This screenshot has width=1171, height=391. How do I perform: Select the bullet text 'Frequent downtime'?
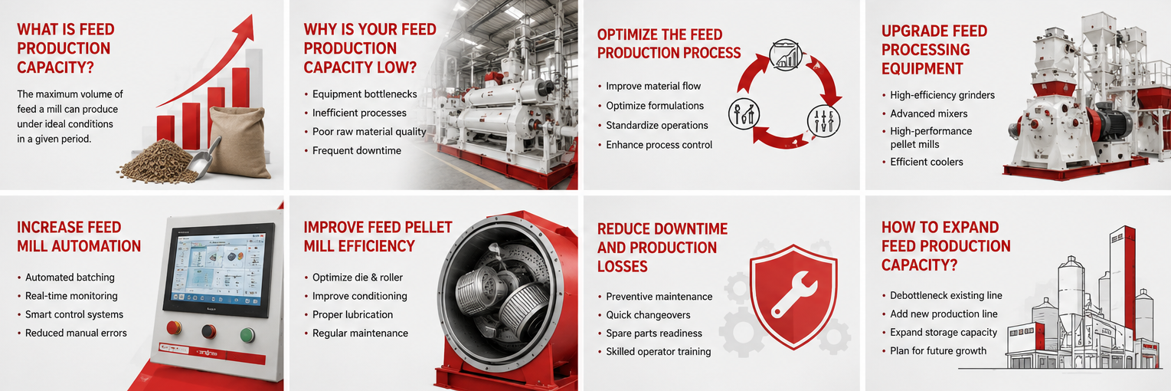click(x=357, y=151)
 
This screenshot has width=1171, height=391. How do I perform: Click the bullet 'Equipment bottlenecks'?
click(x=365, y=94)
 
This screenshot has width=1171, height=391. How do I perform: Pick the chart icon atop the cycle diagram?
click(x=785, y=55)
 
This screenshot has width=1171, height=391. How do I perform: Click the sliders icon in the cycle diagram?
click(x=823, y=120)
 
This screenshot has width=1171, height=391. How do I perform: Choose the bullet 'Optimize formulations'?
click(x=655, y=106)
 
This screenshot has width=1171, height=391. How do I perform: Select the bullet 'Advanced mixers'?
click(x=928, y=113)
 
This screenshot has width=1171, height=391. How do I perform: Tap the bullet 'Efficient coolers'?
click(x=927, y=162)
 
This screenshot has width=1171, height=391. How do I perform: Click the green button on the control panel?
click(x=247, y=334)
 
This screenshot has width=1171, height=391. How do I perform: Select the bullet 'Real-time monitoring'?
click(x=71, y=296)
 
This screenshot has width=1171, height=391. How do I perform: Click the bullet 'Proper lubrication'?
click(x=352, y=314)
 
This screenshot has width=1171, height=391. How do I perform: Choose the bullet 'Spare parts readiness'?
click(x=654, y=333)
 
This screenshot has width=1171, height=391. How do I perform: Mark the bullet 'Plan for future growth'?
click(x=938, y=350)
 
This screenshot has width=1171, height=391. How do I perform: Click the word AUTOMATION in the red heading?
click(x=98, y=246)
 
